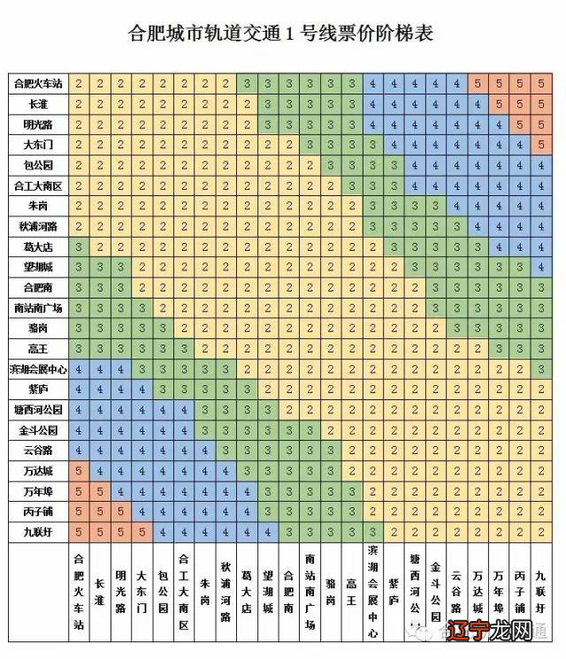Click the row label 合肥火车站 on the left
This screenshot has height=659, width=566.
(x=38, y=84)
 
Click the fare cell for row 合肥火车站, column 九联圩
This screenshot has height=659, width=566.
(x=541, y=84)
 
